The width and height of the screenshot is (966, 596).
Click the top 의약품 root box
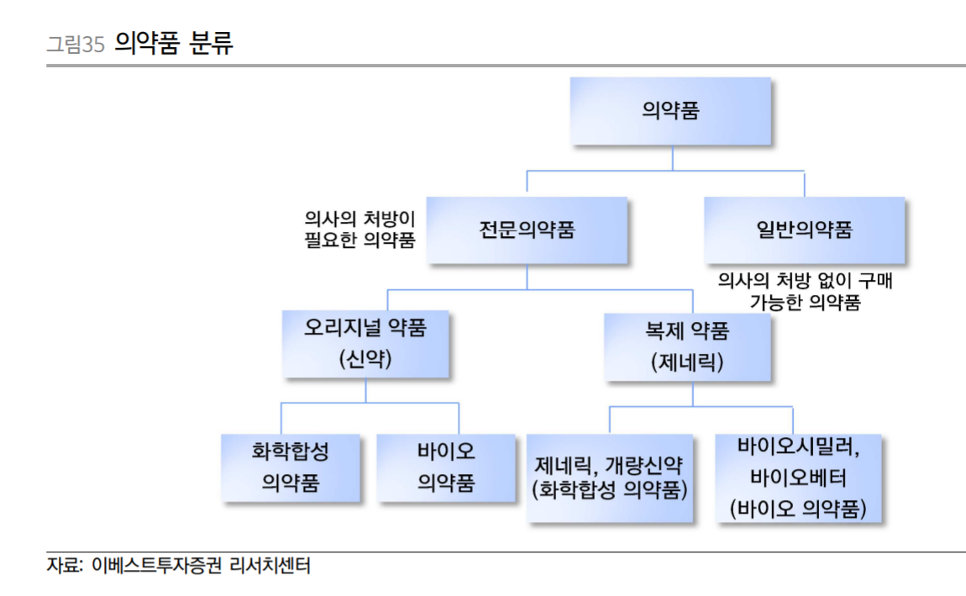click(669, 111)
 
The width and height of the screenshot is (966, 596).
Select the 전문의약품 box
click(527, 230)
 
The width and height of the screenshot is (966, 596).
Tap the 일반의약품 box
click(804, 230)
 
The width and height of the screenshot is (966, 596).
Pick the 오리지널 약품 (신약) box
click(365, 344)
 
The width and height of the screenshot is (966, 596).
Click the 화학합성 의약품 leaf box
click(291, 468)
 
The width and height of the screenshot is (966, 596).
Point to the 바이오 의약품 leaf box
click(446, 468)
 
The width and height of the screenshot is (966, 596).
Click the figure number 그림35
click(75, 44)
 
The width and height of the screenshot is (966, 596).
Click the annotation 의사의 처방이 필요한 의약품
click(360, 229)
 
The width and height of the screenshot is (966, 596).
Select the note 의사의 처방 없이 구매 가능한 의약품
click(804, 292)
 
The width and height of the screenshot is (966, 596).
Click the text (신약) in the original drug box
click(365, 360)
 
